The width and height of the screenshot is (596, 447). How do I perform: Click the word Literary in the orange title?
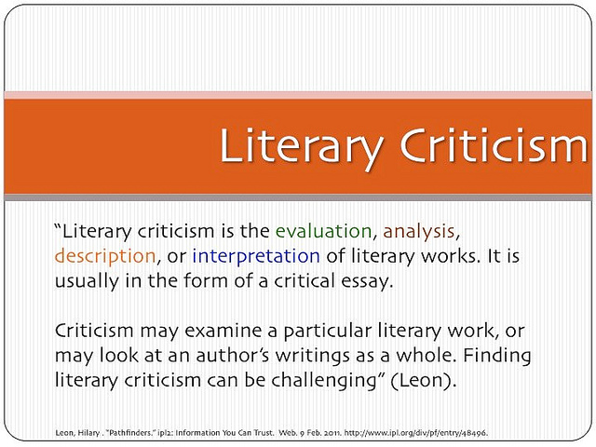(301, 147)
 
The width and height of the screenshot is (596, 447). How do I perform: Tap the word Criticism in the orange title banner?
(494, 145)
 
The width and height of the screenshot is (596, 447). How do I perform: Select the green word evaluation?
(323, 231)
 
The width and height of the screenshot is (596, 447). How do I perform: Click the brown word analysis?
(418, 232)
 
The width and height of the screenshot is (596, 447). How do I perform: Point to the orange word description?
(105, 257)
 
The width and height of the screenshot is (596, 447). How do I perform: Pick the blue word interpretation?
(256, 257)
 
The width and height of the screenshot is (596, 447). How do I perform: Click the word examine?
(223, 332)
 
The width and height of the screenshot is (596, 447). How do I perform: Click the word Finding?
(496, 357)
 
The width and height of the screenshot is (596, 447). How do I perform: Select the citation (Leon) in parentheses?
(424, 381)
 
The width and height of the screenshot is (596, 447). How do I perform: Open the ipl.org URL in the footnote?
(416, 432)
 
